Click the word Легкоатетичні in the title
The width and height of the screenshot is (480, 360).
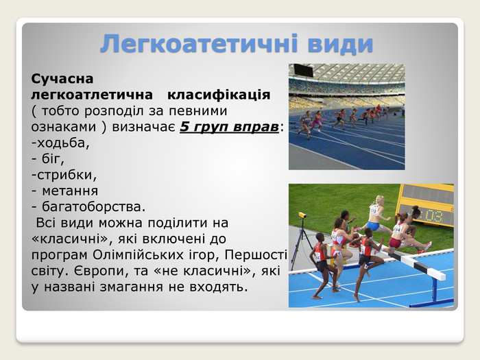point(199,44)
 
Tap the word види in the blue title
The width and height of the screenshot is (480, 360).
point(340,44)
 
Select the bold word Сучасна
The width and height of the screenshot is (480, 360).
point(62,79)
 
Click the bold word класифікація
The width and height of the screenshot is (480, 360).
point(219,95)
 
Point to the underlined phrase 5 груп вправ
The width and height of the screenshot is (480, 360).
point(229,127)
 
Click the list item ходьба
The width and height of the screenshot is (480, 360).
point(60,143)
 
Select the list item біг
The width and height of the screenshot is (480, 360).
point(48,158)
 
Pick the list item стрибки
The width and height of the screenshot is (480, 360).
point(64,175)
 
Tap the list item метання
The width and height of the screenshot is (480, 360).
point(64,191)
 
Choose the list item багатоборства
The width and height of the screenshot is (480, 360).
point(88,206)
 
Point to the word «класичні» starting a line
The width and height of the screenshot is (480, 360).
point(70,239)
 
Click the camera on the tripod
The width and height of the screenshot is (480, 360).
point(302,215)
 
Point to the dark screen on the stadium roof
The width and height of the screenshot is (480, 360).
point(303,71)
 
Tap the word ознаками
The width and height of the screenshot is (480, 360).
point(64,127)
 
